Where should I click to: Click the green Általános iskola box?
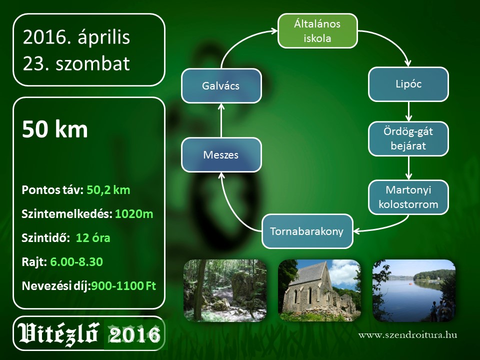(x=317, y=31)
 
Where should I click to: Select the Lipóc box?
(x=408, y=84)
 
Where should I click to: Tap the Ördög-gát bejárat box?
(x=408, y=138)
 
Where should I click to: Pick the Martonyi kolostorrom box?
(x=408, y=197)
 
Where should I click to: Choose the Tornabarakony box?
(x=307, y=231)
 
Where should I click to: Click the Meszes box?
(x=221, y=154)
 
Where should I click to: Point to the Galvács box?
(x=221, y=85)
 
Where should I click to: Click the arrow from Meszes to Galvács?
(x=221, y=120)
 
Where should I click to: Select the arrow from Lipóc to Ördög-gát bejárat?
(x=408, y=111)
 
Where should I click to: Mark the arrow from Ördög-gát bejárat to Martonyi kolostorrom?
(x=408, y=168)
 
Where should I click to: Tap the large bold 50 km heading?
(x=55, y=129)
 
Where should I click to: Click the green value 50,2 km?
(x=108, y=190)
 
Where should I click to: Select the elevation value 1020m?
(x=134, y=214)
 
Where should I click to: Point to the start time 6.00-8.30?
(x=76, y=262)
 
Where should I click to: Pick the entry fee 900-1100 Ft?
(x=123, y=286)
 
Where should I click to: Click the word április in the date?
(x=104, y=37)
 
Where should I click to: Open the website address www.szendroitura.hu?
(x=408, y=334)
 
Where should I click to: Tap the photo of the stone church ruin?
(x=319, y=290)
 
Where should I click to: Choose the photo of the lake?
(x=414, y=290)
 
